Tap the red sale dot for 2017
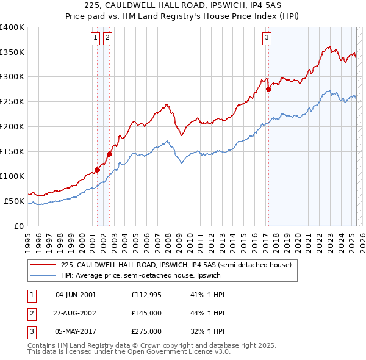coord(268,90)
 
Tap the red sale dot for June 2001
coord(97,170)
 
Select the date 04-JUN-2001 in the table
coord(76,295)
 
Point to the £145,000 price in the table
coord(146,313)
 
